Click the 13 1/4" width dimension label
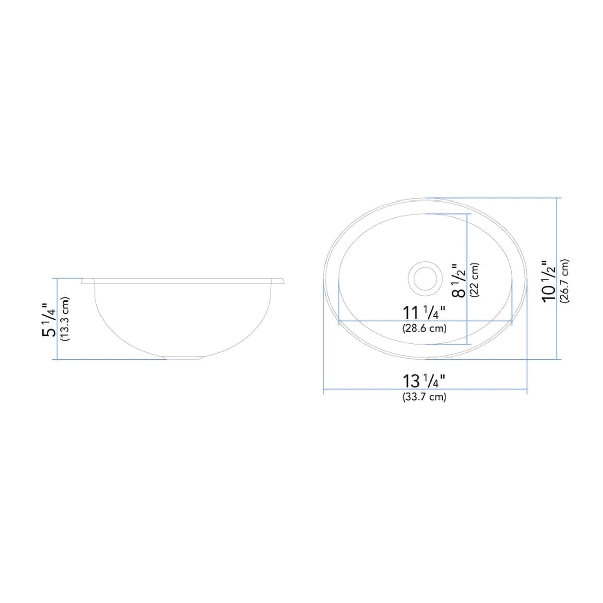coord(424,381)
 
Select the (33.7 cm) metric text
coord(424,397)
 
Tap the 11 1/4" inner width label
coord(424,313)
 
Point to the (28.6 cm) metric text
coord(424,328)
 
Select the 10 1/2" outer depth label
coord(549,281)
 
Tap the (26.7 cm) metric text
coord(565,281)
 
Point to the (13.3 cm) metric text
coord(64,320)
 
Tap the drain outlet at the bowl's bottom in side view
coord(184,358)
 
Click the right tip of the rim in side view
coord(284,280)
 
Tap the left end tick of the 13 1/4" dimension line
coord(323,390)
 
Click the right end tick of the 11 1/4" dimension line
coord(512,320)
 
